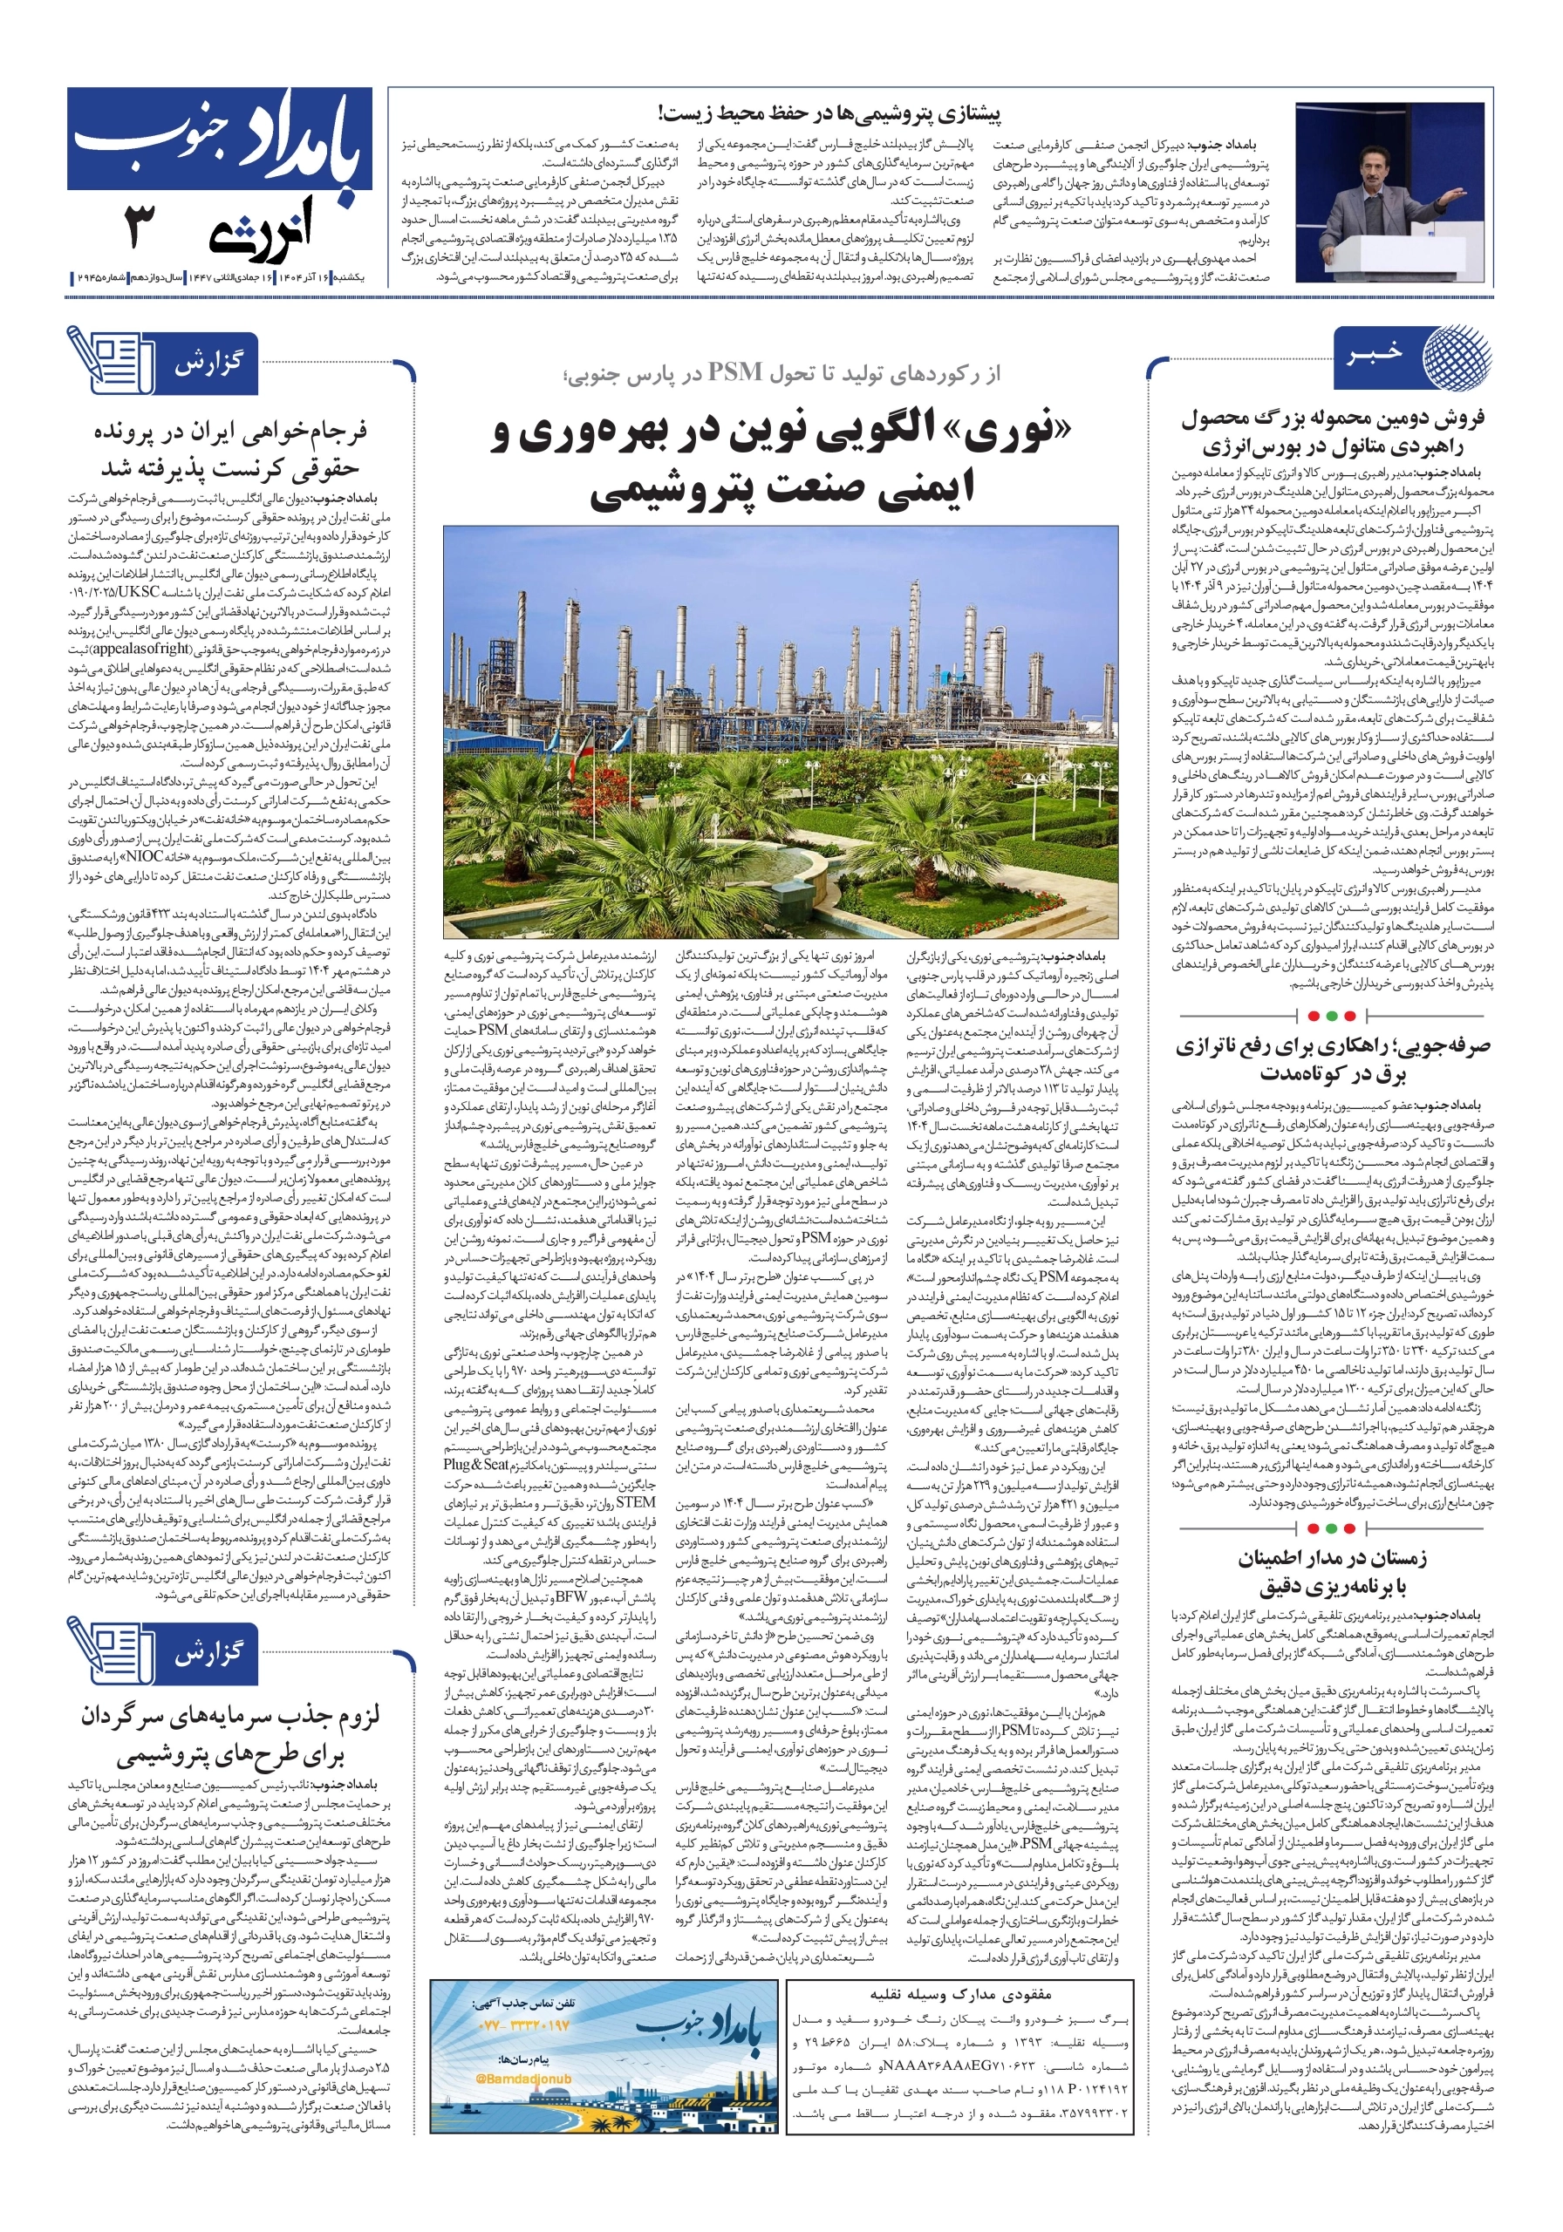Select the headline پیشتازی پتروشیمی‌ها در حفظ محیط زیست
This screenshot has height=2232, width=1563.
pyautogui.click(x=829, y=113)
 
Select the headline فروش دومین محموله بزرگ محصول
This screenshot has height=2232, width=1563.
pyautogui.click(x=1333, y=432)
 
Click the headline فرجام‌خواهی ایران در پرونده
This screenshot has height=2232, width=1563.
pyautogui.click(x=230, y=449)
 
